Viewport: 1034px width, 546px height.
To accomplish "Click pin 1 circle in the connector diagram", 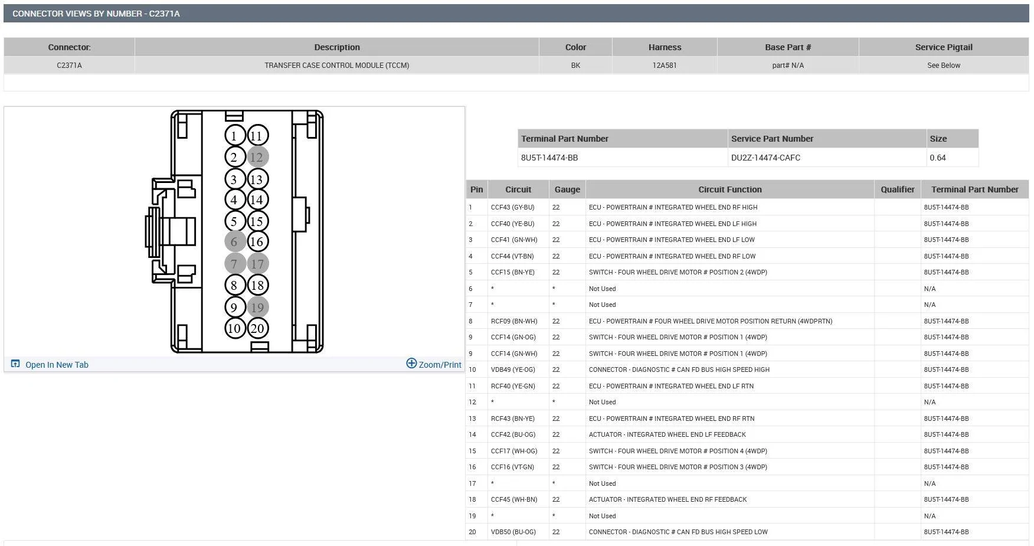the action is click(234, 136).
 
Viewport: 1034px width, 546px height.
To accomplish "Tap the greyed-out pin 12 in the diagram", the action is click(257, 157).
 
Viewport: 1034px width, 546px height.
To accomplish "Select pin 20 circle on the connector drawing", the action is click(257, 328).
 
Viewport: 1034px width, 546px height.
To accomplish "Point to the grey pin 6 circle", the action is click(235, 241).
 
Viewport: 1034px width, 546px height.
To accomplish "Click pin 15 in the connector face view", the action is click(257, 221).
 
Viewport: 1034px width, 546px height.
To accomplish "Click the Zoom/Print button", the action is click(434, 364).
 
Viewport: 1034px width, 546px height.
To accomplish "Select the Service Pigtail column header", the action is click(943, 47).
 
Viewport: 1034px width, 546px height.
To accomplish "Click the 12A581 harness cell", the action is click(665, 66).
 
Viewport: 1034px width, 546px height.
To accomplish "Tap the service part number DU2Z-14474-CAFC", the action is click(765, 158).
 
